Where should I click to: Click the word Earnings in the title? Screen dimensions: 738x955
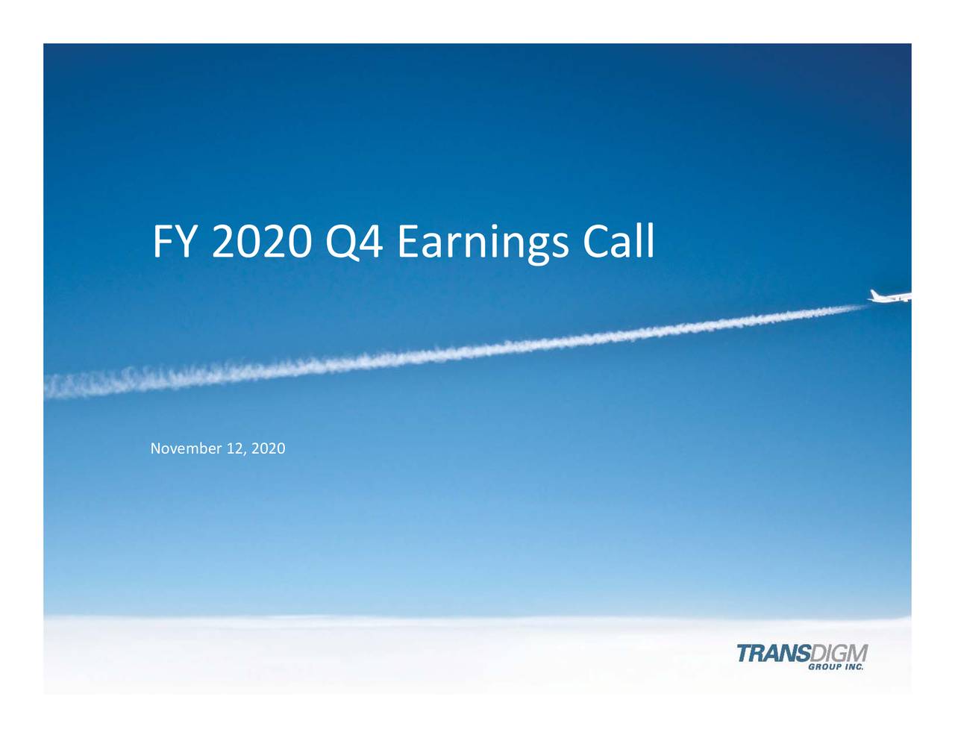point(483,243)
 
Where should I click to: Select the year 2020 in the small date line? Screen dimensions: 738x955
point(269,448)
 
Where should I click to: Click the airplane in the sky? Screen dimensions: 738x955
point(892,296)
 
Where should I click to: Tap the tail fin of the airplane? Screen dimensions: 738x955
point(875,293)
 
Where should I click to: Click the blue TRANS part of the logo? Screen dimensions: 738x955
point(772,653)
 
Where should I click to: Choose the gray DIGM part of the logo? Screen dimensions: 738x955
point(838,653)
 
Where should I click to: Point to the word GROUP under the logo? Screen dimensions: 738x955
point(825,667)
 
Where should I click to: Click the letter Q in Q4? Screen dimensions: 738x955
point(340,243)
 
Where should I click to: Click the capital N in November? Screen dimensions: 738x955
point(155,448)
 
